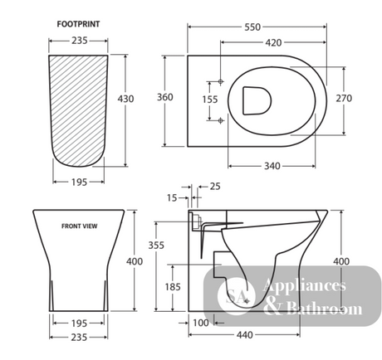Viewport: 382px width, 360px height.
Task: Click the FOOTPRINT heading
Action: pyautogui.click(x=78, y=24)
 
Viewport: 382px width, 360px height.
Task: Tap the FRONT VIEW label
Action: pyautogui.click(x=80, y=226)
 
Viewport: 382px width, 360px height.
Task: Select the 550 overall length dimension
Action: pyautogui.click(x=252, y=27)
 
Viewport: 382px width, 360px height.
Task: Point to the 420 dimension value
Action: pyautogui.click(x=273, y=42)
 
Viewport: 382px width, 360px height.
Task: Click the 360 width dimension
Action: pyautogui.click(x=165, y=97)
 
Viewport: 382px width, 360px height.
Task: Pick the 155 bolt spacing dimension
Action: pyautogui.click(x=210, y=100)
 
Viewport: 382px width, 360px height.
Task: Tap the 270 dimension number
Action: pyautogui.click(x=344, y=98)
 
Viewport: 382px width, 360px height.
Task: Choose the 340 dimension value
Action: pyautogui.click(x=272, y=166)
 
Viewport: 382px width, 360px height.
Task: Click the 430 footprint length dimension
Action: pyautogui.click(x=125, y=99)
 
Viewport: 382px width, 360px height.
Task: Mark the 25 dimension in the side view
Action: pyautogui.click(x=215, y=187)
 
